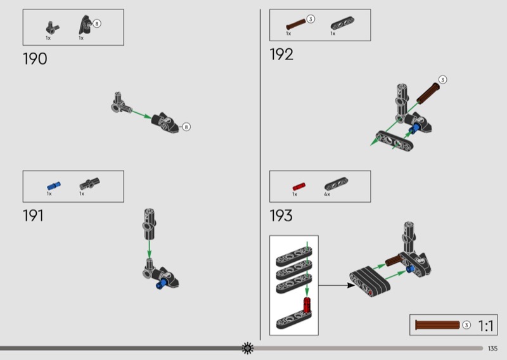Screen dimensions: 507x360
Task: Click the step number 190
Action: click(35, 59)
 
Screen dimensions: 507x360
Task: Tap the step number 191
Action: click(33, 215)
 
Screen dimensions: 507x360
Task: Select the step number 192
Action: click(281, 55)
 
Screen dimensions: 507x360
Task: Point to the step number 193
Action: click(281, 215)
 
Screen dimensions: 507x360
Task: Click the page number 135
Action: click(492, 349)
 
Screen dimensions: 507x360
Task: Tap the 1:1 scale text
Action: click(485, 326)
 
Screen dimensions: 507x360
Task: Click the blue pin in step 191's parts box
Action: click(54, 186)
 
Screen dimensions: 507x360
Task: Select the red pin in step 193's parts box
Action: click(298, 186)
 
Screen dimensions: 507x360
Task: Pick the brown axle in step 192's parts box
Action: click(296, 24)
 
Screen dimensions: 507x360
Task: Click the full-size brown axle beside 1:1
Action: click(437, 325)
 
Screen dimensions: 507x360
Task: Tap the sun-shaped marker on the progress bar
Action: click(248, 348)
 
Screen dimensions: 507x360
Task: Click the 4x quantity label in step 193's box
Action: click(327, 195)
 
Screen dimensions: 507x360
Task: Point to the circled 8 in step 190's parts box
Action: click(97, 23)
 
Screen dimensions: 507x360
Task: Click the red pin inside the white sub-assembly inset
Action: click(307, 305)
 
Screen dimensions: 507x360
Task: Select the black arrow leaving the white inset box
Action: click(337, 285)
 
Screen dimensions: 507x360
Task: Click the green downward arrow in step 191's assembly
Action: click(149, 249)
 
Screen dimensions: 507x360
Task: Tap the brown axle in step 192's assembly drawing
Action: click(427, 93)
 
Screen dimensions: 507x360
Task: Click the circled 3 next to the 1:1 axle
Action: click(466, 325)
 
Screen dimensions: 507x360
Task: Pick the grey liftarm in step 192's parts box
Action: click(342, 23)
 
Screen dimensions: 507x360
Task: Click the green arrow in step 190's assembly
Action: click(141, 115)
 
